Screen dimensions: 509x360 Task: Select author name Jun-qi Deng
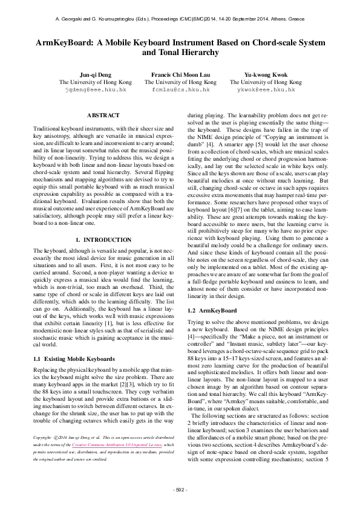(x=95, y=74)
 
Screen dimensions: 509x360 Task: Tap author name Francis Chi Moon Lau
(x=180, y=74)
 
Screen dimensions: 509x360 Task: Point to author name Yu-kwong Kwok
(x=266, y=74)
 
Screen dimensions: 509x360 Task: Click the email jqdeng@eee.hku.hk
(x=95, y=89)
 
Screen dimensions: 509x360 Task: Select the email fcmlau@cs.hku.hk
(x=180, y=89)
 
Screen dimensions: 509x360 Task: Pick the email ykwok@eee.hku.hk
(x=266, y=89)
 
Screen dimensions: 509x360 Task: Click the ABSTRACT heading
(x=103, y=115)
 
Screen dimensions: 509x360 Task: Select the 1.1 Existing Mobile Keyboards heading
(x=74, y=359)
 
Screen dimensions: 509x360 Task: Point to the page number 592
(x=180, y=488)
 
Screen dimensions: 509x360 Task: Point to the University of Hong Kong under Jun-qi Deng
(x=95, y=82)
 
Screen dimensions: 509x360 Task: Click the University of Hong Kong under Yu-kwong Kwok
(x=266, y=82)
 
